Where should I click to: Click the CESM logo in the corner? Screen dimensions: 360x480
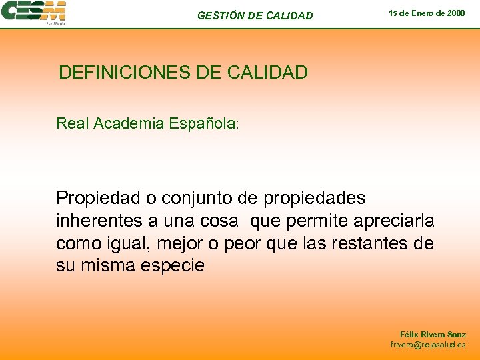33,11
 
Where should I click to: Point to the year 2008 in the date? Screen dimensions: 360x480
455,13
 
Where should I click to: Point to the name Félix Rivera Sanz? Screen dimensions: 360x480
433,334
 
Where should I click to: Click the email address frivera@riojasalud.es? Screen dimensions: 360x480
428,345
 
